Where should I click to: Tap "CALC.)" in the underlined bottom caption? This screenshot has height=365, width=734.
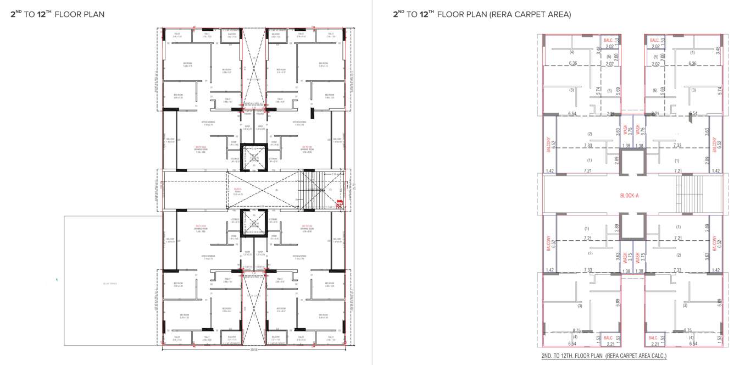click(657, 356)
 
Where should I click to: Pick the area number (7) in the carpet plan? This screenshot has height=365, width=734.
click(590, 253)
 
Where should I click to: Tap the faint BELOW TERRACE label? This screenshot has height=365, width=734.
click(110, 283)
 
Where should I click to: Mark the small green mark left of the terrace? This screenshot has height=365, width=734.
click(57, 280)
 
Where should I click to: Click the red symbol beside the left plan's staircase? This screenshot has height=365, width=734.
click(340, 204)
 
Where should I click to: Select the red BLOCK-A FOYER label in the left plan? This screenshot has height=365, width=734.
click(237, 190)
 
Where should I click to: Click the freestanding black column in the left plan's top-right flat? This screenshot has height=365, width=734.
click(312, 113)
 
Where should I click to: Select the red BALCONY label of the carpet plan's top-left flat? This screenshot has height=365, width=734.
click(548, 145)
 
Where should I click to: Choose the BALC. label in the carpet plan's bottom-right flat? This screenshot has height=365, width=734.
click(653, 338)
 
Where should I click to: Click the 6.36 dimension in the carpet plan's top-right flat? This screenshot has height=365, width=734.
click(692, 64)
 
